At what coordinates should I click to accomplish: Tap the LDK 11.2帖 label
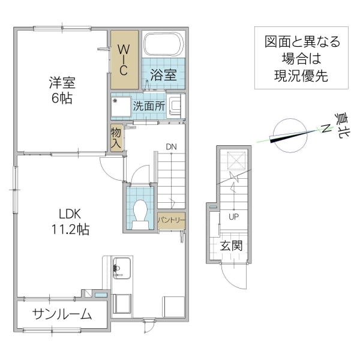(74, 221)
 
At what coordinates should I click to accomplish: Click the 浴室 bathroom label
(163, 75)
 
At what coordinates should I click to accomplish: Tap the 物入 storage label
(116, 137)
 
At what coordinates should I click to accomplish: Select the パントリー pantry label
(171, 220)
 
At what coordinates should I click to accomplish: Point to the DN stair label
(172, 146)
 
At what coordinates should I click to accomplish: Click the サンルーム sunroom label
(62, 313)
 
